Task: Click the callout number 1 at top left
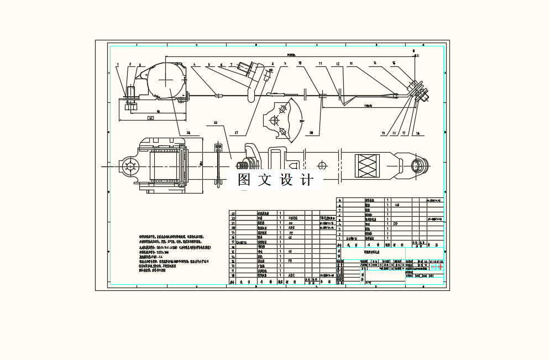tap(118, 65)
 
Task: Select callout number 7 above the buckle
tap(231, 65)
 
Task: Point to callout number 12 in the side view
tap(337, 64)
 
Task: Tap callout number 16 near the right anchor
tap(417, 133)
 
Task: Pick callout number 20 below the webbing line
tap(311, 133)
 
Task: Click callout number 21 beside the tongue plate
tap(237, 133)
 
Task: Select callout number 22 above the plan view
tap(216, 122)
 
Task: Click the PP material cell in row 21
tap(291, 223)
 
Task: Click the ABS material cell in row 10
tap(292, 275)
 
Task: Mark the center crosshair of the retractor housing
tap(166, 80)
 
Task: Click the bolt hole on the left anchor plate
tap(130, 165)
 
